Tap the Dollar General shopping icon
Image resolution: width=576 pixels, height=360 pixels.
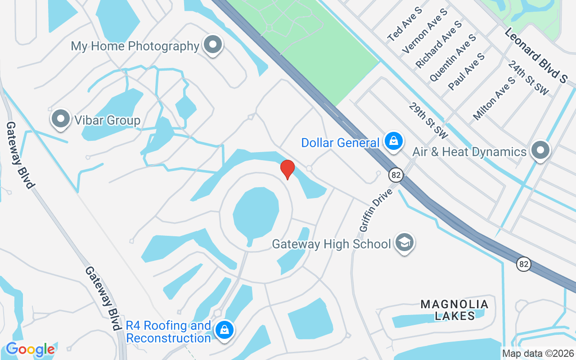point(394,141)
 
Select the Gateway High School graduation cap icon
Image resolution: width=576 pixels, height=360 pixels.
point(404,243)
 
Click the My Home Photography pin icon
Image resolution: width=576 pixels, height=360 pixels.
point(212,45)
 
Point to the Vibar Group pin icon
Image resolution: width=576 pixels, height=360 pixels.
point(60,119)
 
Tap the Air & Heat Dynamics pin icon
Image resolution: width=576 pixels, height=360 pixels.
point(540,150)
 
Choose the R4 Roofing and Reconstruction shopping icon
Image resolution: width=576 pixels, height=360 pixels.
point(224,331)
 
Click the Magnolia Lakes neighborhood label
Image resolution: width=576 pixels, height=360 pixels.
point(454,310)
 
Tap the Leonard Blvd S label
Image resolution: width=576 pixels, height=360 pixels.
point(535,55)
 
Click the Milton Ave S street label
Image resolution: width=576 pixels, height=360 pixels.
point(494,99)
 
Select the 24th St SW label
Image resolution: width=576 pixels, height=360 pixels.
point(528,78)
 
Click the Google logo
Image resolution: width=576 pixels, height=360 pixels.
point(30,349)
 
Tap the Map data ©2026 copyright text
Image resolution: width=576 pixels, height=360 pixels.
point(538,353)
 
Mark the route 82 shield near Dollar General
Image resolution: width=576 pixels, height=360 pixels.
point(396,175)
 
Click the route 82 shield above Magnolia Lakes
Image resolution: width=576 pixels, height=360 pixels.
point(523,264)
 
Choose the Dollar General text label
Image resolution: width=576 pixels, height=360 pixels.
point(340,143)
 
